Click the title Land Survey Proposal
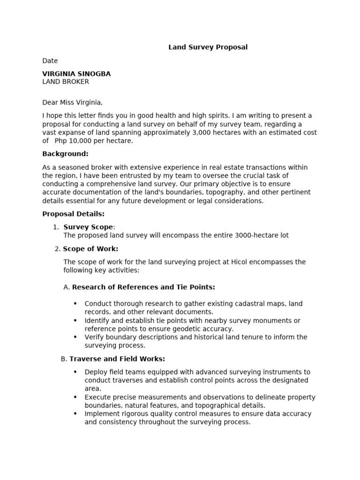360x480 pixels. (208, 47)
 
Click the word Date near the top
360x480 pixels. (50, 60)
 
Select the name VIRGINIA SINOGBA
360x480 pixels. (76, 74)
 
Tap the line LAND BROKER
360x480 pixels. (66, 82)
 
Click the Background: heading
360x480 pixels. (65, 154)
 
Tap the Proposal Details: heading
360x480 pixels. (73, 214)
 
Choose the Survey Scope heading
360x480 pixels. (88, 227)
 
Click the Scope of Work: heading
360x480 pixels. (90, 248)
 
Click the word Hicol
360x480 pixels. (240, 262)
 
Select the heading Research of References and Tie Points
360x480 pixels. (143, 287)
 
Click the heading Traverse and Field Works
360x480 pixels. (117, 359)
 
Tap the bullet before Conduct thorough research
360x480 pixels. (75, 304)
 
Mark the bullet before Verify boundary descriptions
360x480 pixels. (75, 337)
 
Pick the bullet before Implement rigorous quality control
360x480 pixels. (75, 414)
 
